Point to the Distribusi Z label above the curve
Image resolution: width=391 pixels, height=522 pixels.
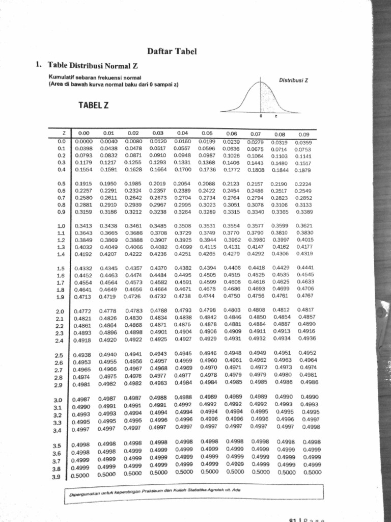(294, 80)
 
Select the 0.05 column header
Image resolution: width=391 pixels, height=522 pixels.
(206, 134)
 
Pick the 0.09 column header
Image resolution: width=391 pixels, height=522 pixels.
(303, 135)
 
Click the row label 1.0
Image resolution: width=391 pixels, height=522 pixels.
(62, 225)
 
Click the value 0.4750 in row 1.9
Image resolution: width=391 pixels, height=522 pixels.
(232, 296)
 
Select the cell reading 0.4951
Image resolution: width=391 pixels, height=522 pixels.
(283, 352)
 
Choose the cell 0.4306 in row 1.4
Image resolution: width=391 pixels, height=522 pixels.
(280, 253)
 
